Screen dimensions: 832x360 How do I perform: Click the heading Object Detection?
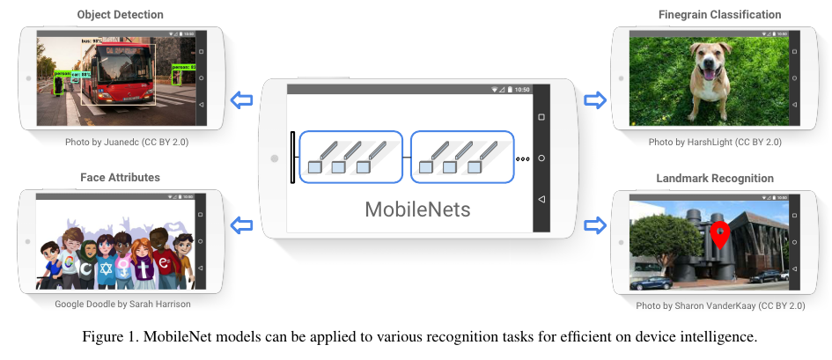click(120, 15)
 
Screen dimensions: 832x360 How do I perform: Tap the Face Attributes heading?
click(120, 177)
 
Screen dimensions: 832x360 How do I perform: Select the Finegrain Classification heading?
click(720, 15)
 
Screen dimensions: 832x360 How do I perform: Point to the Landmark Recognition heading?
click(715, 179)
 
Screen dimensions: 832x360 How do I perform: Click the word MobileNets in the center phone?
click(417, 209)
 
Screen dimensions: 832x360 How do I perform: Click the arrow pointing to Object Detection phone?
click(240, 99)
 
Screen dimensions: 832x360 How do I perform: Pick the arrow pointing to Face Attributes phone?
click(240, 227)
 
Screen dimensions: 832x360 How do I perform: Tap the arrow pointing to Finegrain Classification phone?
click(596, 99)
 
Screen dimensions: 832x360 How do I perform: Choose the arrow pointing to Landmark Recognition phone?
click(596, 227)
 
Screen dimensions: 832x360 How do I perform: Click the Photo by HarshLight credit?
click(714, 142)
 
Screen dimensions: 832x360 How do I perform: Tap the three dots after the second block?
click(523, 159)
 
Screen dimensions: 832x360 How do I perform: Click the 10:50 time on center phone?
click(522, 90)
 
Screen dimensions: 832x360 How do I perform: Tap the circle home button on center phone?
click(541, 158)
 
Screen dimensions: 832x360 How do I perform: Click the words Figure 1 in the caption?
click(106, 337)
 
